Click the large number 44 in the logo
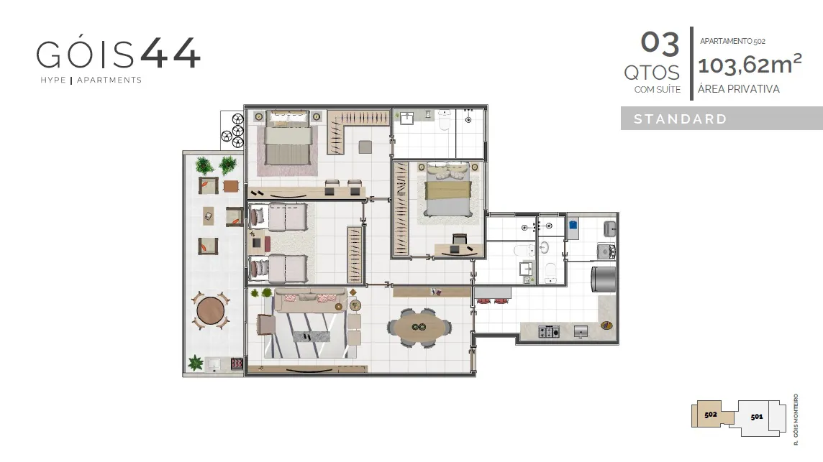170,53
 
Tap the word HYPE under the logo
53,80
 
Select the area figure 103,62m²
750,64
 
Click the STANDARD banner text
681,119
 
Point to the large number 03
660,43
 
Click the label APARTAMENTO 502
732,41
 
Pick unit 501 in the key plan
756,417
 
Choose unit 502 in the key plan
711,415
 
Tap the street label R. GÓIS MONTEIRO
796,420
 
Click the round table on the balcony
211,311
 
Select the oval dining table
418,328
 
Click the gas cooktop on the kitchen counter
548,331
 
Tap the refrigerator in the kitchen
604,278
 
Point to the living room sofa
309,300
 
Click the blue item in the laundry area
573,224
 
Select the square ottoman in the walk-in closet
365,147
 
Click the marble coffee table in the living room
312,336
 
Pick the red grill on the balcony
237,363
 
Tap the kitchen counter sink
581,331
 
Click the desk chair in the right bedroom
459,239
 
